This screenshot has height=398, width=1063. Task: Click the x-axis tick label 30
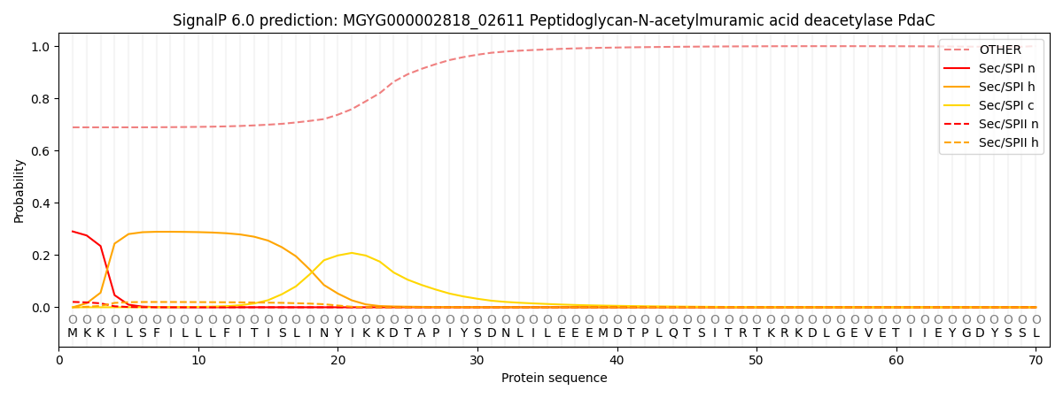click(x=477, y=360)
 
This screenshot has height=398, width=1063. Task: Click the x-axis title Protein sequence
click(x=555, y=379)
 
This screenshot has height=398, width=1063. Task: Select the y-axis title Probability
click(x=19, y=191)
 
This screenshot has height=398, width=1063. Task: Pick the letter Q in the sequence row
click(x=672, y=333)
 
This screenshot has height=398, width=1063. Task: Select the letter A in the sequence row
click(x=422, y=333)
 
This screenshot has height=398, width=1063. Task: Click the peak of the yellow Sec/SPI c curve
click(x=352, y=253)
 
